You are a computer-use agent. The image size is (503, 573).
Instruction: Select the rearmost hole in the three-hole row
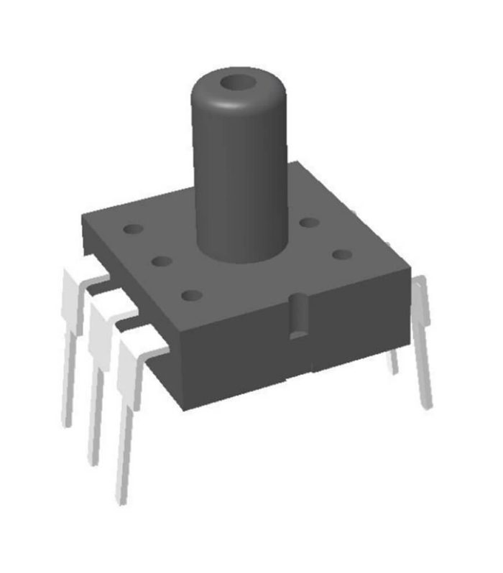click(133, 230)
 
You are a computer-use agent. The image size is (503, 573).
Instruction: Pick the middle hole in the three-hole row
click(162, 261)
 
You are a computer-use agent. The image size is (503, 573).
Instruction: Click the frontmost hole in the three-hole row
click(191, 294)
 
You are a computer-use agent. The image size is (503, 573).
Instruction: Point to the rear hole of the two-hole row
click(309, 223)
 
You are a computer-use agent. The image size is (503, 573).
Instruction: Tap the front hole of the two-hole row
click(341, 254)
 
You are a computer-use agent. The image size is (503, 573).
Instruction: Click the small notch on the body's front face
click(296, 316)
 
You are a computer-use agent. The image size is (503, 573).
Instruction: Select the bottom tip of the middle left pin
click(93, 460)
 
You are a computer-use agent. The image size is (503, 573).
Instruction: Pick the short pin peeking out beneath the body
click(392, 363)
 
